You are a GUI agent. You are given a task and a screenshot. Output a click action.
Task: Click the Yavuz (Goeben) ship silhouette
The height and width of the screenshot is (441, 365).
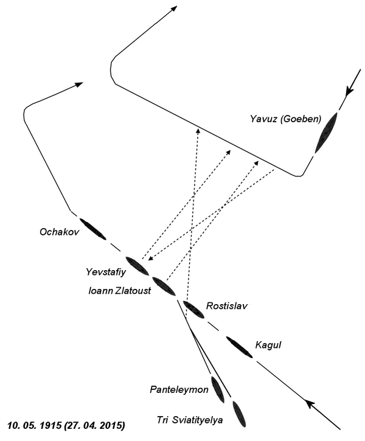[x=325, y=133]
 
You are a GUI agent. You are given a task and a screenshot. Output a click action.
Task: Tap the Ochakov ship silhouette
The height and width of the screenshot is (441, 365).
[x=93, y=229]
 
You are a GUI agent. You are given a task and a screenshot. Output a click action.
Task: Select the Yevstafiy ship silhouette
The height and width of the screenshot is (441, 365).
[x=137, y=266]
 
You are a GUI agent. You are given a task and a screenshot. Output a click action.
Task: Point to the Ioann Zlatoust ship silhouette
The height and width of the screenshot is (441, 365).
[x=164, y=286]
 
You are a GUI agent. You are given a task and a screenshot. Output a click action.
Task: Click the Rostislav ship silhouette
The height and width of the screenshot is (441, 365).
[x=193, y=310]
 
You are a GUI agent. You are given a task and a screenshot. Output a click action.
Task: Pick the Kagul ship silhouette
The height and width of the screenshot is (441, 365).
[x=239, y=347]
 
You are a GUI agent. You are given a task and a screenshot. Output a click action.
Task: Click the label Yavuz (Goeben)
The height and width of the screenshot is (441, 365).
[x=285, y=119]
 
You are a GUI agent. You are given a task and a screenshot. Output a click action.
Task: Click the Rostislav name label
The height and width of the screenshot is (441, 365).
[x=227, y=305]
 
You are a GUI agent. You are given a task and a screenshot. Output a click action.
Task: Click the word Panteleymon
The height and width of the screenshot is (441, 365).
[x=179, y=389]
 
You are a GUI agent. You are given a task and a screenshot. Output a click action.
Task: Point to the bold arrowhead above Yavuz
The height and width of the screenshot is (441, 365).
[x=349, y=92]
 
